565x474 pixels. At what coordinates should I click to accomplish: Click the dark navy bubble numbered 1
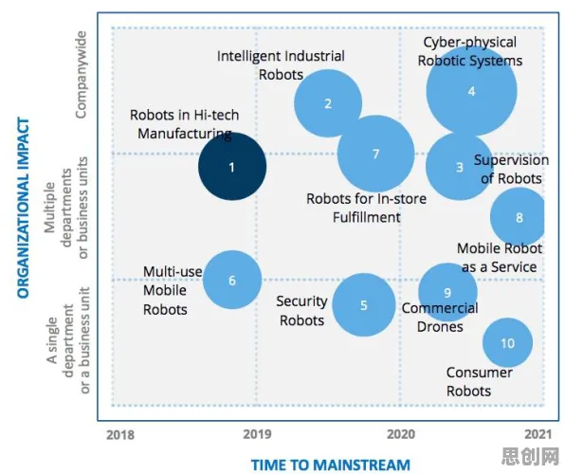[x=232, y=166]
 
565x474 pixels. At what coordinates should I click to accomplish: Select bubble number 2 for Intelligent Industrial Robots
[x=328, y=103]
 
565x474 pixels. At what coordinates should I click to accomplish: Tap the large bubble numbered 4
[x=471, y=91]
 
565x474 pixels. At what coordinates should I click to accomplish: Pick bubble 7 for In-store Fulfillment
[x=375, y=154]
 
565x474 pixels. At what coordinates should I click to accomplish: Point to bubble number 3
[x=460, y=166]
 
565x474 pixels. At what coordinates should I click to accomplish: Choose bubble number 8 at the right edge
[x=518, y=217]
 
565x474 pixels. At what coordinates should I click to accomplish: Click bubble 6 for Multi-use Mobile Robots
[x=232, y=280]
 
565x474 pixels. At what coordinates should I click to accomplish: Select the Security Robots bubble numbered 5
[x=364, y=305]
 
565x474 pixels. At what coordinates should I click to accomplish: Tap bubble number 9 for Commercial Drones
[x=447, y=292]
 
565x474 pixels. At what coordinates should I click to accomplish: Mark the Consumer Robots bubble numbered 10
[x=507, y=343]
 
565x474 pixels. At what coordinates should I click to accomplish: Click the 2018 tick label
[x=120, y=435]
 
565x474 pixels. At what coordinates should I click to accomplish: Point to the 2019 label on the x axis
[x=257, y=434]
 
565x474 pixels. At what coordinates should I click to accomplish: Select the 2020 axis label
[x=401, y=434]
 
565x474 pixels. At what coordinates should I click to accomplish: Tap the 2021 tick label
[x=538, y=434]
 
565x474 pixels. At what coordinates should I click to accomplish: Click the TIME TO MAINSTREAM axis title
[x=331, y=465]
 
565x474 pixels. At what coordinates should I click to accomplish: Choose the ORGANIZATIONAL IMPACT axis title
[x=23, y=208]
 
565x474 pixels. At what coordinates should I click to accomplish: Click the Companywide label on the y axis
[x=81, y=75]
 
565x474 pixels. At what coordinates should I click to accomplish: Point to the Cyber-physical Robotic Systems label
[x=470, y=51]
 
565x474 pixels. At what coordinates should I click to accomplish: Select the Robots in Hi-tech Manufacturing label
[x=185, y=124]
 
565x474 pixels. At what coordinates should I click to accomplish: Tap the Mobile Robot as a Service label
[x=500, y=258]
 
